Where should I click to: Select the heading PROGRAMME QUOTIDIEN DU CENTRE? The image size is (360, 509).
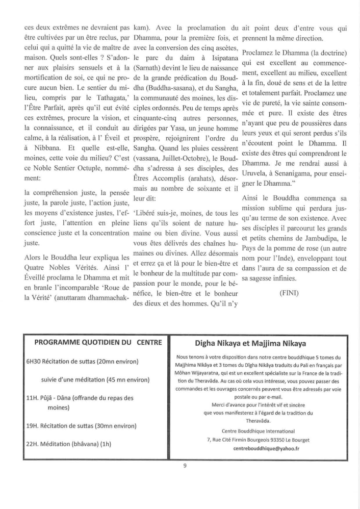click(97, 341)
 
